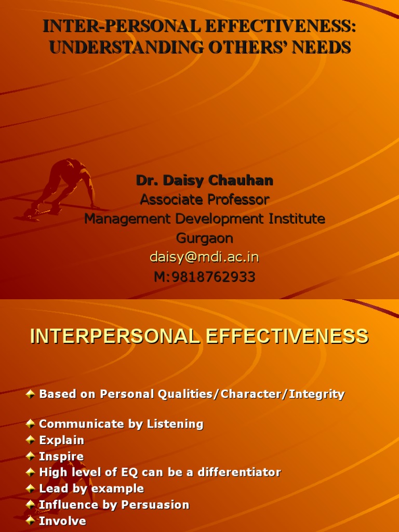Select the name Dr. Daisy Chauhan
tap(205, 181)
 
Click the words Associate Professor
tap(205, 199)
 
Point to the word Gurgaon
tap(205, 238)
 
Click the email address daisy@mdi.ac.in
tap(204, 258)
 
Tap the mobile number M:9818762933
tap(205, 277)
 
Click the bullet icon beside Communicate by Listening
tap(31, 424)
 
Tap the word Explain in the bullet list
tap(62, 441)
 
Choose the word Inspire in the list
tap(61, 457)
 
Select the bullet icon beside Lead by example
tap(31, 488)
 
